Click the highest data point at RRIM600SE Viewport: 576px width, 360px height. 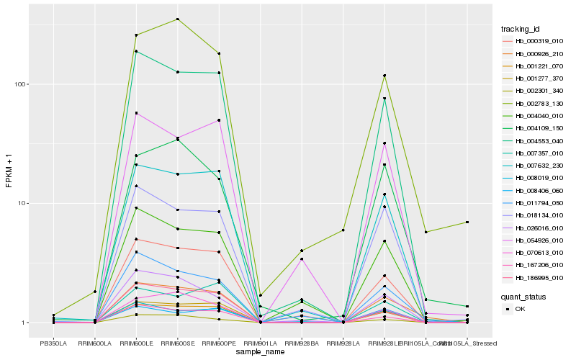tap(177, 19)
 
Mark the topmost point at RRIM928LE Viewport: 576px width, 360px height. tap(384, 76)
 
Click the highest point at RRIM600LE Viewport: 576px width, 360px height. tap(136, 35)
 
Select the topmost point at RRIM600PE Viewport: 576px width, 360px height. tap(219, 54)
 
